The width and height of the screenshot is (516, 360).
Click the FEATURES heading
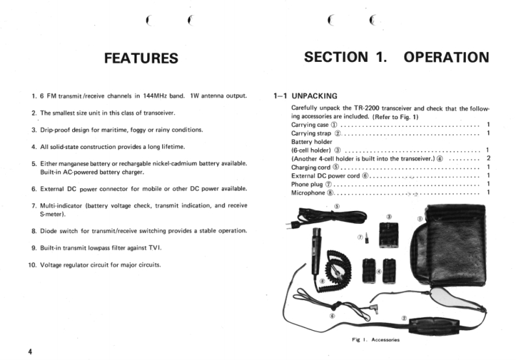click(141, 58)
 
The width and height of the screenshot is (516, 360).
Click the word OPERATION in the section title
click(446, 57)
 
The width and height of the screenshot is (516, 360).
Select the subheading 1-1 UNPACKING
click(305, 95)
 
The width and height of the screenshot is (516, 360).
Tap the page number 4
click(30, 352)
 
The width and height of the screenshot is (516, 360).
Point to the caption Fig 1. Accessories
click(375, 340)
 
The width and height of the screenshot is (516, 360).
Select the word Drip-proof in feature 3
click(57, 130)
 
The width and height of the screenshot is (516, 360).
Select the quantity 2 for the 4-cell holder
click(488, 158)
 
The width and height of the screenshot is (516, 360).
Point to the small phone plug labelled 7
click(366, 236)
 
